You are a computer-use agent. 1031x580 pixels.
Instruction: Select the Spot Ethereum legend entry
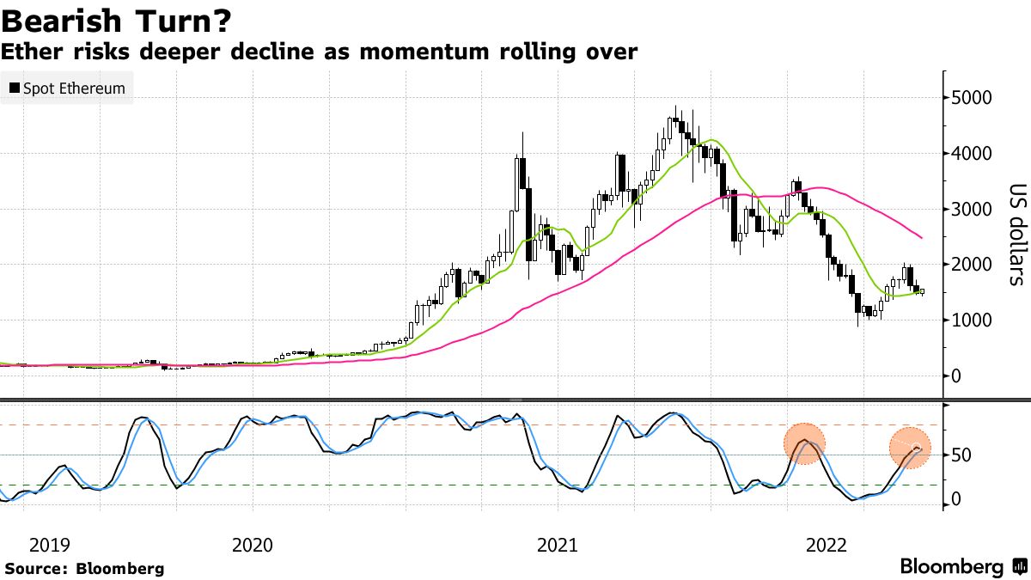pos(67,89)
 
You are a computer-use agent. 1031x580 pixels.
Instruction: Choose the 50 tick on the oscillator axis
pos(961,455)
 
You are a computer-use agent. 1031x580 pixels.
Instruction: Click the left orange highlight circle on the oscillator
pos(804,444)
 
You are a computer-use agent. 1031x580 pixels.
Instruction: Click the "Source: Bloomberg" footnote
pos(84,568)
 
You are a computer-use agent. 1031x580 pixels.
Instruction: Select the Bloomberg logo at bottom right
pos(962,567)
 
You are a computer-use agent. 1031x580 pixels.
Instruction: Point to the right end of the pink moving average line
pos(922,237)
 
